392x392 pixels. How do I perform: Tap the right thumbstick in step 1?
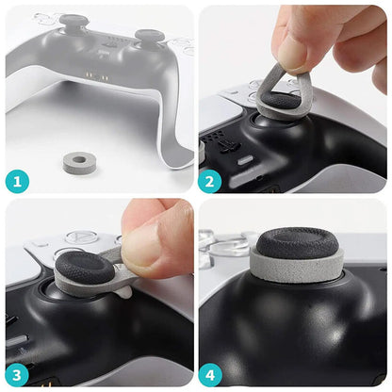tap(149, 39)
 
